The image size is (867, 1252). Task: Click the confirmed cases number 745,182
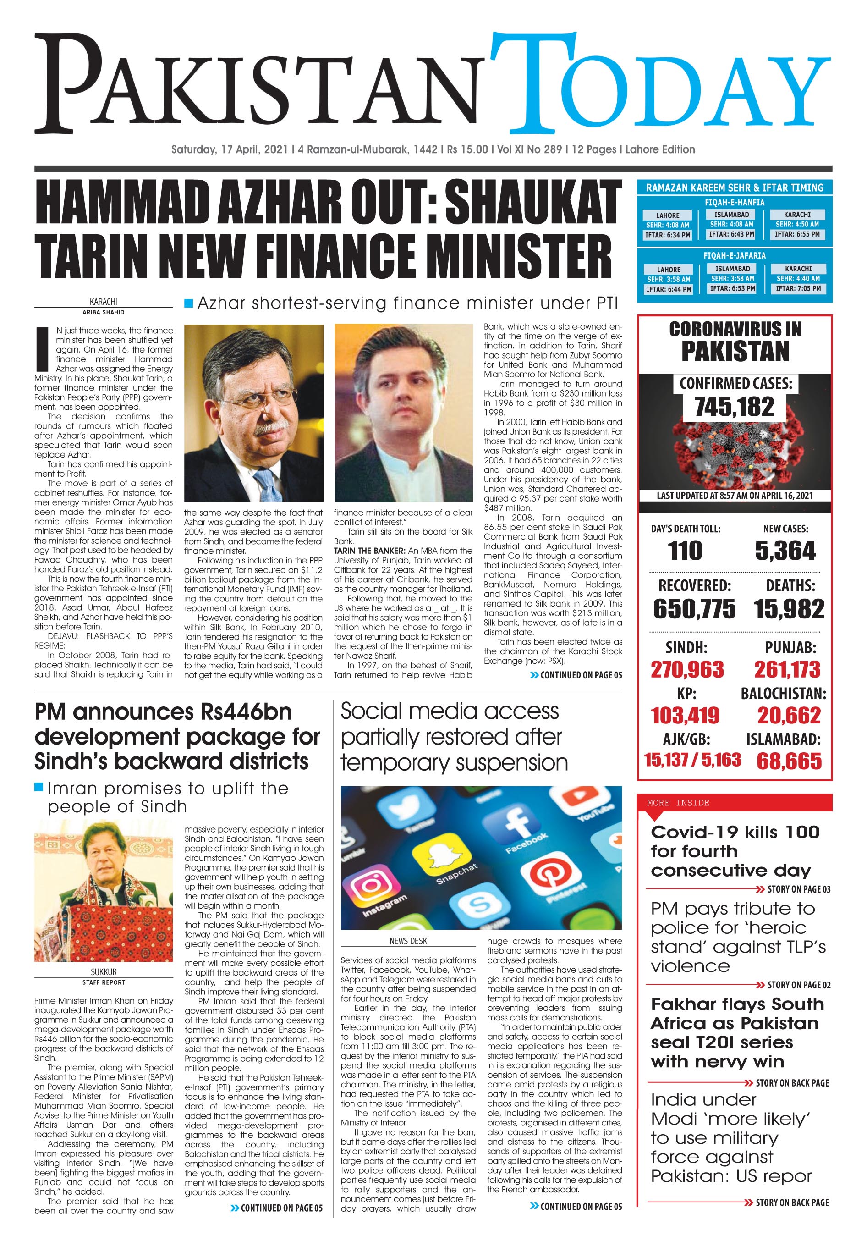734,407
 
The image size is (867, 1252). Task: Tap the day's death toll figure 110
685,551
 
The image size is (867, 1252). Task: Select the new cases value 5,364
785,551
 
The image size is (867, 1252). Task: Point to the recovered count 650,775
694,609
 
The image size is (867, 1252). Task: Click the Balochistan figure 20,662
789,715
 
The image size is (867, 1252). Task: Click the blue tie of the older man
267,485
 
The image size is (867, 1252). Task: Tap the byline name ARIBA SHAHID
103,313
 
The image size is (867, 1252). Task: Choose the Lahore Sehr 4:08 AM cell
667,225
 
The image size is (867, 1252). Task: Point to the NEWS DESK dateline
408,941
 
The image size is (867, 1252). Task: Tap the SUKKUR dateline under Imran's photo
103,972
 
